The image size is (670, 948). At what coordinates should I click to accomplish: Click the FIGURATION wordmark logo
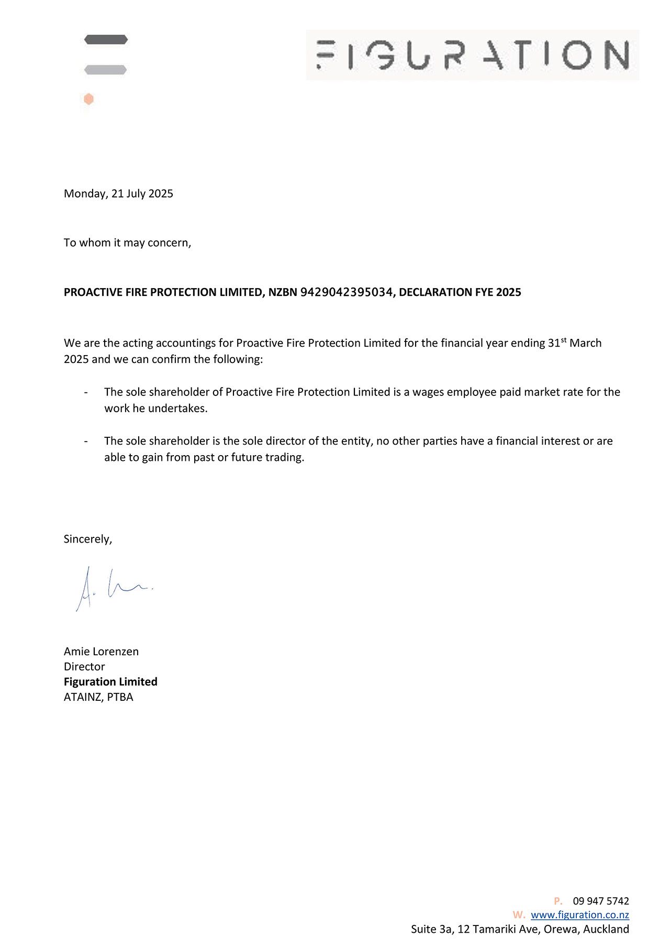click(472, 55)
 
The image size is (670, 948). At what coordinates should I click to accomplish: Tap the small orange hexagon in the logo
click(89, 99)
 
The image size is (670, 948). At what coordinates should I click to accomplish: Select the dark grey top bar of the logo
click(106, 39)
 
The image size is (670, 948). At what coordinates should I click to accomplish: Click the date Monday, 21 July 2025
click(118, 194)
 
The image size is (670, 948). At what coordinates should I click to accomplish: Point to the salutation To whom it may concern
click(127, 243)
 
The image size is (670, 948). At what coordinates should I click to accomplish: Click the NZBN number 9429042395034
click(346, 292)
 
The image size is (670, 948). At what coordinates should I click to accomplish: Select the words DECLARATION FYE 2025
click(460, 292)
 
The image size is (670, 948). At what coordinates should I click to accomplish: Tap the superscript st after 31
click(564, 340)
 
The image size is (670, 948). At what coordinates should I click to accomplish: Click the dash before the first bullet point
click(86, 392)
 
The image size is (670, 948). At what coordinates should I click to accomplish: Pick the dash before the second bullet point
click(86, 442)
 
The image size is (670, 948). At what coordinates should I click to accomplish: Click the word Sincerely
click(87, 539)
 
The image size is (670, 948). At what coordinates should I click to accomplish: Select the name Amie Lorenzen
click(101, 652)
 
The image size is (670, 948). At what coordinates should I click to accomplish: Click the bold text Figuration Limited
click(110, 682)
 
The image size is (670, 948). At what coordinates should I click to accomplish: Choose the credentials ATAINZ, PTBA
click(98, 697)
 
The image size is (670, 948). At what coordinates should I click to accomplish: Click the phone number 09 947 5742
click(600, 901)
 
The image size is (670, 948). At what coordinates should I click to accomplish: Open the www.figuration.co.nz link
click(579, 915)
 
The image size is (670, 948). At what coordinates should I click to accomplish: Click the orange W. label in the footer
click(519, 915)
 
